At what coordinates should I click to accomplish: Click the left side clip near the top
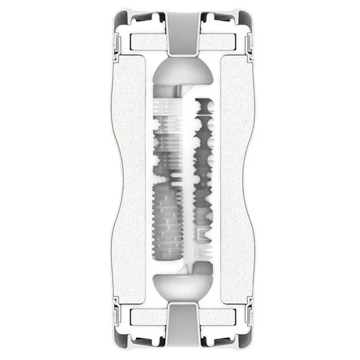tap(116, 42)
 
